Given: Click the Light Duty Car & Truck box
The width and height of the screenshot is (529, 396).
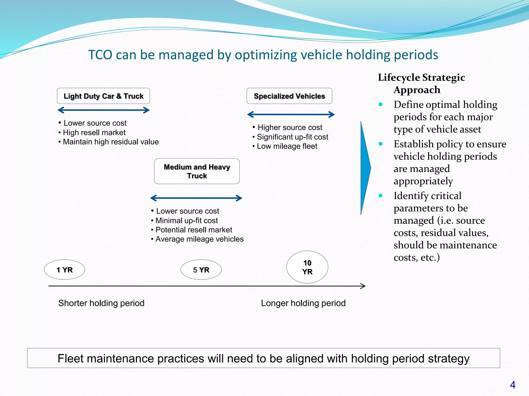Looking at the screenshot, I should (x=103, y=96).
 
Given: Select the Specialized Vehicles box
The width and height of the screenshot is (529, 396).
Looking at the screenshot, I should (x=289, y=96).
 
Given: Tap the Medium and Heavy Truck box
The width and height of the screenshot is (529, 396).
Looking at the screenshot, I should (x=197, y=171).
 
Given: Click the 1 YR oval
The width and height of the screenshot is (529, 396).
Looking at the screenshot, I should (x=65, y=270).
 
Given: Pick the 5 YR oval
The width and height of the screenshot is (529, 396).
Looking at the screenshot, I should (x=201, y=270).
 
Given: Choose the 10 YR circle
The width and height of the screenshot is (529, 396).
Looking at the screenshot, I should (x=307, y=267).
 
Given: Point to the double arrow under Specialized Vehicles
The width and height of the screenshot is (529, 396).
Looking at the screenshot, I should (x=291, y=114).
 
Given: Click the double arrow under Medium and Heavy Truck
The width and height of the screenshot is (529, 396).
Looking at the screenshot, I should (x=196, y=198).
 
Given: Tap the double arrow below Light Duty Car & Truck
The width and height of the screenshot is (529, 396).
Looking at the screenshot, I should (x=103, y=110).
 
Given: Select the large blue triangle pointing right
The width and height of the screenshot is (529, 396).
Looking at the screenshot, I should (x=365, y=168).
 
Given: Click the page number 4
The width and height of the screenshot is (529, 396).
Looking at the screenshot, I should (x=513, y=385).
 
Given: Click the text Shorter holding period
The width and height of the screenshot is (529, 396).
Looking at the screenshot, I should (x=101, y=303).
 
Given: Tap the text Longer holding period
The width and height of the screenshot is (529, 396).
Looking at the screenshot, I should (x=303, y=303).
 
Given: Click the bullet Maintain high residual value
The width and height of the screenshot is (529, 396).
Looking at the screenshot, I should (x=111, y=142).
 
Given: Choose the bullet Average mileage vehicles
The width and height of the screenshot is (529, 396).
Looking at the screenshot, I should (x=199, y=239).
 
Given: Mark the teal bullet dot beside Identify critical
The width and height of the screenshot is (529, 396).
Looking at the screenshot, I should (x=380, y=195).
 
